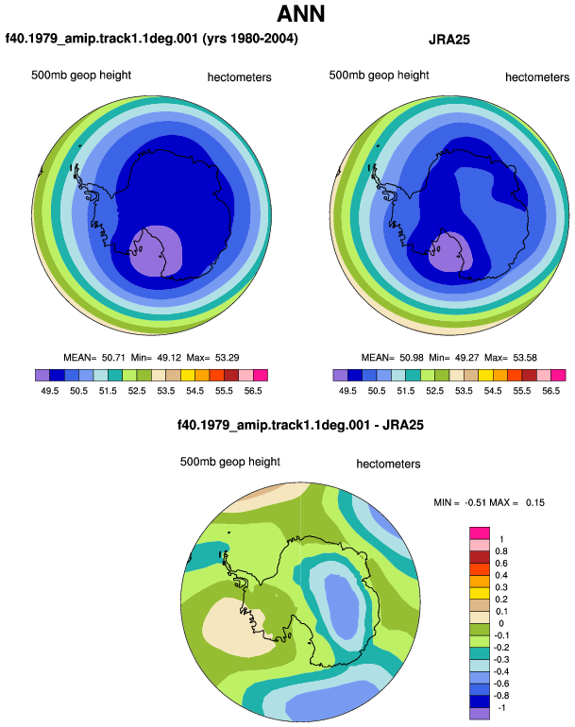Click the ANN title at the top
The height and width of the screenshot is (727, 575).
pyautogui.click(x=300, y=14)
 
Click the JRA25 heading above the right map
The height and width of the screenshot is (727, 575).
pyautogui.click(x=448, y=40)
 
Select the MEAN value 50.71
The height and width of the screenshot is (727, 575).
pyautogui.click(x=113, y=358)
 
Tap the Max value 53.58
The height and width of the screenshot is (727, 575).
pyautogui.click(x=524, y=358)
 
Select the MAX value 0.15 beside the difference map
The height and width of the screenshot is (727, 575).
pyautogui.click(x=535, y=502)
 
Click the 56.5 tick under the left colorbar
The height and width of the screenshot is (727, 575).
pyautogui.click(x=253, y=391)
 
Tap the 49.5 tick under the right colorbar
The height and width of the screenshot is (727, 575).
pyautogui.click(x=347, y=391)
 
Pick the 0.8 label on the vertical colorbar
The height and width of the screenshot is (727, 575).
pyautogui.click(x=501, y=551)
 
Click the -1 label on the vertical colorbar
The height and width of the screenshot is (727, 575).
pyautogui.click(x=501, y=708)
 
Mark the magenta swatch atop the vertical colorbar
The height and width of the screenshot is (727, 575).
pyautogui.click(x=480, y=533)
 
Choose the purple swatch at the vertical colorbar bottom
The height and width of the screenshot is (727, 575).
pyautogui.click(x=480, y=714)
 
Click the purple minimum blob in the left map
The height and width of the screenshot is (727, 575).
pyautogui.click(x=157, y=251)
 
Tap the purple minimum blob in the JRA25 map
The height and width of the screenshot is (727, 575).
pyautogui.click(x=449, y=252)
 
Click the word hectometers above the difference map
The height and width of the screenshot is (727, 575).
pyautogui.click(x=388, y=465)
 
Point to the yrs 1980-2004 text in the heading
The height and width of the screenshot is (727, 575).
pyautogui.click(x=250, y=38)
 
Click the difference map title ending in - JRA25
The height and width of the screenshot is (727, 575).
pyautogui.click(x=300, y=425)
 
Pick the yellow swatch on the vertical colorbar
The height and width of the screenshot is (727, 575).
pyautogui.click(x=480, y=593)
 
